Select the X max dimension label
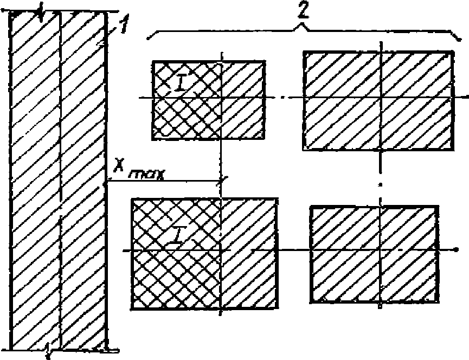pyautogui.click(x=138, y=173)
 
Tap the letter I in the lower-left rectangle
pyautogui.click(x=174, y=236)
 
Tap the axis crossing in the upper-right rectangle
pyautogui.click(x=381, y=98)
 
